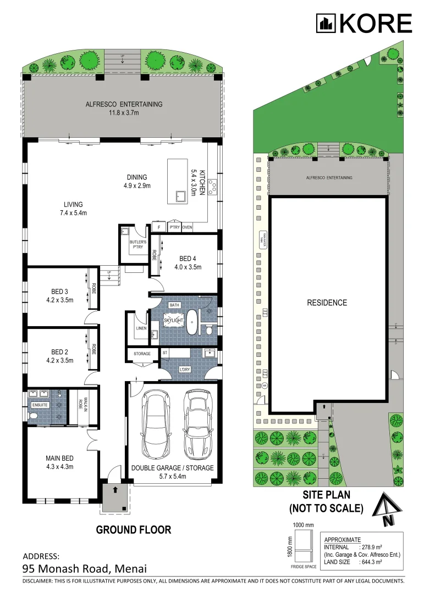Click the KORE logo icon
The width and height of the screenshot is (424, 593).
326,23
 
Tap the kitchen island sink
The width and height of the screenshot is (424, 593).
179,196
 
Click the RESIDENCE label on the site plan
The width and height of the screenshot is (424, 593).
327,303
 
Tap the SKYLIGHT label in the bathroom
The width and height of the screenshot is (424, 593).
172,318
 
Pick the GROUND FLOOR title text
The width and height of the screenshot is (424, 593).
133,530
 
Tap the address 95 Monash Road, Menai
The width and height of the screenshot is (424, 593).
85,568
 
